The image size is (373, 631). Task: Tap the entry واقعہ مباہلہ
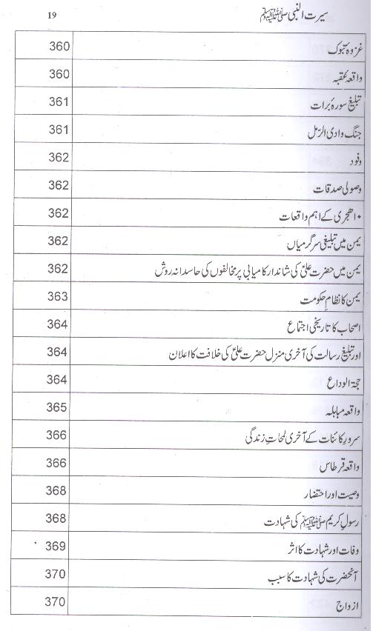coord(334,410)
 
